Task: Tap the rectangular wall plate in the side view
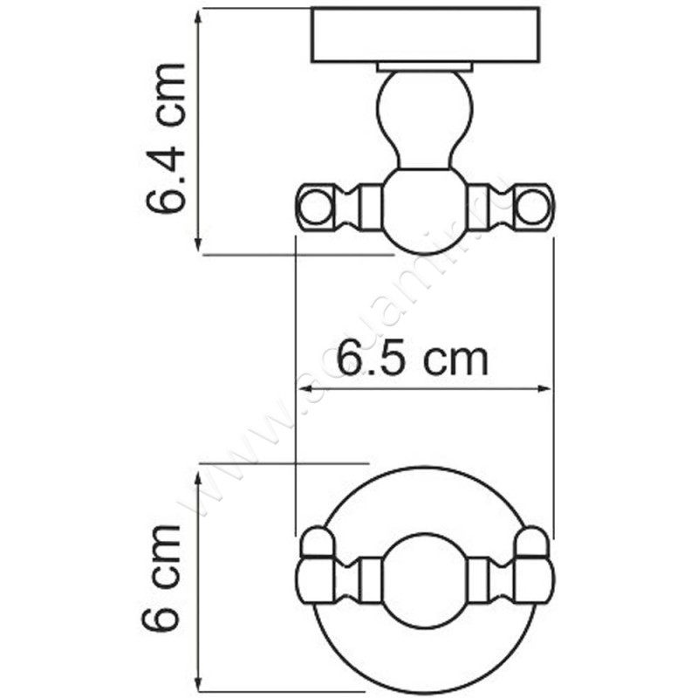coord(425,36)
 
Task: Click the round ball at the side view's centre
coord(425,208)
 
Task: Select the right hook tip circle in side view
coord(533,207)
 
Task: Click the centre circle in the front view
coord(425,576)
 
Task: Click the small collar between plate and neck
coord(425,66)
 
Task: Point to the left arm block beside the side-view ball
coord(371,208)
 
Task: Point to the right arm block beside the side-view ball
coord(478,208)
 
